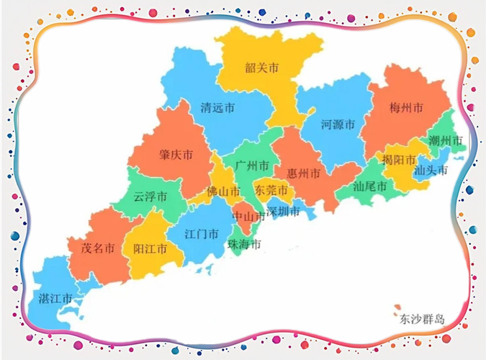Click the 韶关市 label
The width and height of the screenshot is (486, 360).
[x=261, y=68]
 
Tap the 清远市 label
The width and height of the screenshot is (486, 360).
[x=217, y=109]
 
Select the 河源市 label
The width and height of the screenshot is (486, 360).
[x=338, y=125]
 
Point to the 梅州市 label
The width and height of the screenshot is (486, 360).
[x=405, y=108]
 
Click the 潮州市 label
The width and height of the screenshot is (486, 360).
[x=444, y=140]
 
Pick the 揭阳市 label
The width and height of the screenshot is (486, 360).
[x=399, y=160]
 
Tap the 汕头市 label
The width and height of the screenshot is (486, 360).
[x=431, y=171]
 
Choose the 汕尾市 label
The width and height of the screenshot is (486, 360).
[x=370, y=186]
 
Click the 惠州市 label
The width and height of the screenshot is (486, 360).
[x=303, y=174]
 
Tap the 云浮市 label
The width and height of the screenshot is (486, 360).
[x=150, y=197]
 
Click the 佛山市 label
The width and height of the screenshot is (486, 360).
[x=222, y=192]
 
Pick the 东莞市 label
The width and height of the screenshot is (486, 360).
[x=271, y=191]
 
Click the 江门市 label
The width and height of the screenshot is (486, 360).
[x=202, y=234]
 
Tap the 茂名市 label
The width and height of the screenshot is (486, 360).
[x=97, y=249]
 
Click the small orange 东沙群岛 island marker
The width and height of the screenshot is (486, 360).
[x=393, y=312]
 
